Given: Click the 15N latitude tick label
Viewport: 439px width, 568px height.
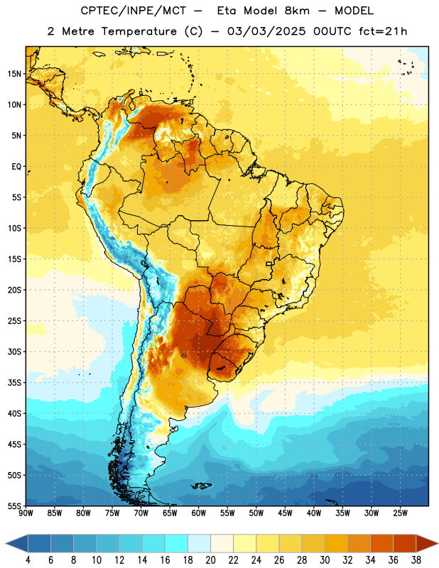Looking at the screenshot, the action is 14,74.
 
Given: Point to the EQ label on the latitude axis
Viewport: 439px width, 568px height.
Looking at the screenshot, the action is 16,167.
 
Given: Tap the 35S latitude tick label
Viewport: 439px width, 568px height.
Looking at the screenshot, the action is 14,383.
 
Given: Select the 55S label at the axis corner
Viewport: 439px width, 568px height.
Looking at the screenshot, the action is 14,506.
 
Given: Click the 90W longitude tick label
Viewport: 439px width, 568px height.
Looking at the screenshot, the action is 26,513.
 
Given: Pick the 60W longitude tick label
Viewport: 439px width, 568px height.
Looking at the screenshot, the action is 199,513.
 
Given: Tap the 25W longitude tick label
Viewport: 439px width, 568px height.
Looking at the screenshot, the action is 400,513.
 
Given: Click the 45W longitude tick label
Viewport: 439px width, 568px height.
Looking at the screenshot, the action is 285,513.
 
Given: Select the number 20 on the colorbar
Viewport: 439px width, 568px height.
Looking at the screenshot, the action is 210,560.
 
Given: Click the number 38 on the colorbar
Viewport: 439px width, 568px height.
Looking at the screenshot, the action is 416,560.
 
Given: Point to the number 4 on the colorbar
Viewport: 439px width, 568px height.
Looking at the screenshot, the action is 28,560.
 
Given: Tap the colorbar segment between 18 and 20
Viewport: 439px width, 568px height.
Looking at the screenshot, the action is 200,543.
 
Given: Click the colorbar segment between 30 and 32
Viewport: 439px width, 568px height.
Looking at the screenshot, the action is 337,543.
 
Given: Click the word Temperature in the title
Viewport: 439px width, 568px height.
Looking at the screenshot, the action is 139,31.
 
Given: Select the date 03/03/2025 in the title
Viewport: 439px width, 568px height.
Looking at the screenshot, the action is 266,31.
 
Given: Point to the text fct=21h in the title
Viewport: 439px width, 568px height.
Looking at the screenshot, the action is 383,31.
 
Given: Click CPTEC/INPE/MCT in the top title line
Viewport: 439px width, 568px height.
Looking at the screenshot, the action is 133,11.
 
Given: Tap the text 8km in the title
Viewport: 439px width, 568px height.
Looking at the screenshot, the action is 297,11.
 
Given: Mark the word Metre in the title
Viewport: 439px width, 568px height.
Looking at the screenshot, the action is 78,31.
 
